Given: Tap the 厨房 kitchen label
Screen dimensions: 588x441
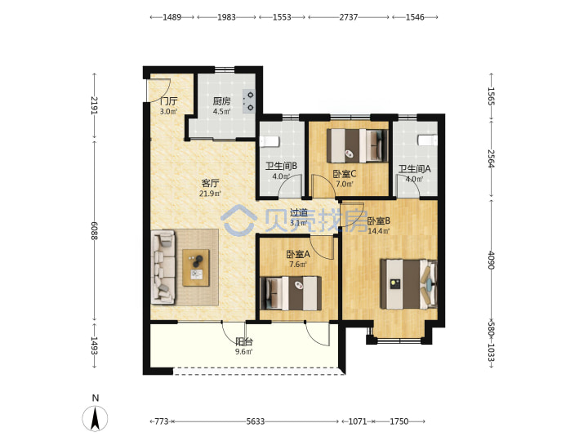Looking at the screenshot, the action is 221,101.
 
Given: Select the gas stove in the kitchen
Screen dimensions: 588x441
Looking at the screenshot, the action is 249,101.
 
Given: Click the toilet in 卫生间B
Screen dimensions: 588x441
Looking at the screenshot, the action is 269,142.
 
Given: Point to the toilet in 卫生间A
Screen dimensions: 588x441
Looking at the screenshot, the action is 427,140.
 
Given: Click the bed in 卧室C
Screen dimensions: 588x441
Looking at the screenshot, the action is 358,145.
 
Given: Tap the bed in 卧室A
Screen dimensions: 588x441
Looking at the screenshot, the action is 291,293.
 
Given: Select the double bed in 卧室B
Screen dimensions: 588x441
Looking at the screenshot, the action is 409,284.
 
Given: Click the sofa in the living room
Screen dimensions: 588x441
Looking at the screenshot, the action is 163,267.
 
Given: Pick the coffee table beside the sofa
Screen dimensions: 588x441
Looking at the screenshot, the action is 196,268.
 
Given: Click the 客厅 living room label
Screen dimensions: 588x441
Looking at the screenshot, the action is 210,184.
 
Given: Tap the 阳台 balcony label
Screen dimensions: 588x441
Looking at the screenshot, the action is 243,341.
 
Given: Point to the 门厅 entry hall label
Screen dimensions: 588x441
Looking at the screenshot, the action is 168,101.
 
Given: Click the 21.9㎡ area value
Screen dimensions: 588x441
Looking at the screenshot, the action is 210,194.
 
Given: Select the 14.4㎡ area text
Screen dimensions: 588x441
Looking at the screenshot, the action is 379,231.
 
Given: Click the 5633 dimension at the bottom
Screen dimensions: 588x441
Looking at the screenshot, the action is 256,421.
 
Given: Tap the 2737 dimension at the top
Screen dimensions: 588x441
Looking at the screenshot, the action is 349,17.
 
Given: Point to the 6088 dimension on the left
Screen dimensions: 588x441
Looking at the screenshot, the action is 94,231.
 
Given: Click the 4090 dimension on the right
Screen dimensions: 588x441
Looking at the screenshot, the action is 492,261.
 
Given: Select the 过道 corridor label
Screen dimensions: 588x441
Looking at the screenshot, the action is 299,213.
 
